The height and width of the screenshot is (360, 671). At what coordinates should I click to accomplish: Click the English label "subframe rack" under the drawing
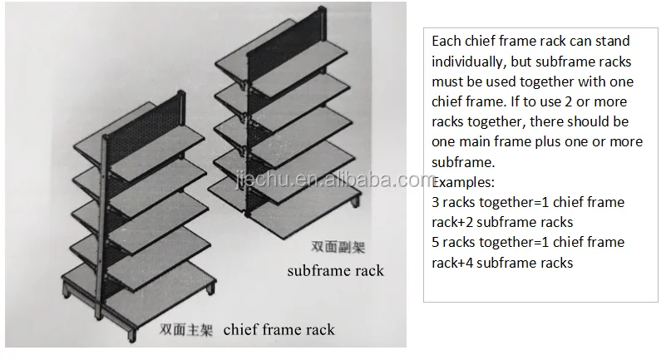(335, 271)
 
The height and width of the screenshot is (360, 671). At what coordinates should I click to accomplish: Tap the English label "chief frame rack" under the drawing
(279, 330)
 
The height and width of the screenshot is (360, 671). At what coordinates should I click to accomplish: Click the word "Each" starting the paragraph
(447, 41)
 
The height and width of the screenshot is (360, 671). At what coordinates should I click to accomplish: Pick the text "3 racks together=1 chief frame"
(527, 202)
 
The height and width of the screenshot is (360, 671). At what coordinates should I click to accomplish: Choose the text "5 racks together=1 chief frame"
(527, 242)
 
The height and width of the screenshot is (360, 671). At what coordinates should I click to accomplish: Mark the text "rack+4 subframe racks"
(502, 263)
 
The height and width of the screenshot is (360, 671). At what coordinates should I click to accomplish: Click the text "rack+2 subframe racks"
(502, 222)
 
